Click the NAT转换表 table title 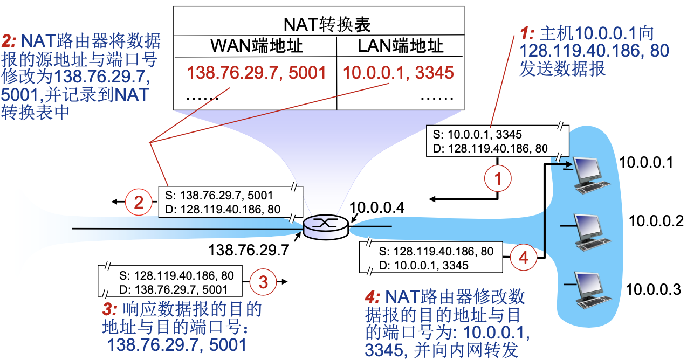pyautogui.click(x=319, y=24)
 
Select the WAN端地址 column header pyautogui.click(x=256, y=46)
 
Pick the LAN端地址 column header pyautogui.click(x=400, y=46)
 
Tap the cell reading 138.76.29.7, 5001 pyautogui.click(x=256, y=72)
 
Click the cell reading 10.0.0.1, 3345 pyautogui.click(x=399, y=72)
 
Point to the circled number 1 pyautogui.click(x=498, y=178)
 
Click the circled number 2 pyautogui.click(x=139, y=202)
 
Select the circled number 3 pyautogui.click(x=263, y=281)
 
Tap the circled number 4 pyautogui.click(x=523, y=258)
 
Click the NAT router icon pyautogui.click(x=326, y=227)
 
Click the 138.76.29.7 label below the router pyautogui.click(x=249, y=250)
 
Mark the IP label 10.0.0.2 pyautogui.click(x=656, y=221)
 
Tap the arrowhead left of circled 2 pyautogui.click(x=115, y=202)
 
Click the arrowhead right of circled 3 pyautogui.click(x=284, y=281)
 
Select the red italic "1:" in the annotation pyautogui.click(x=526, y=34)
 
